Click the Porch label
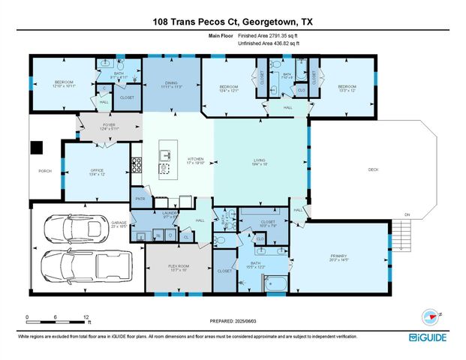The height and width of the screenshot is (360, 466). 44,171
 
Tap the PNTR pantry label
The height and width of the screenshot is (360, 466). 139,199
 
